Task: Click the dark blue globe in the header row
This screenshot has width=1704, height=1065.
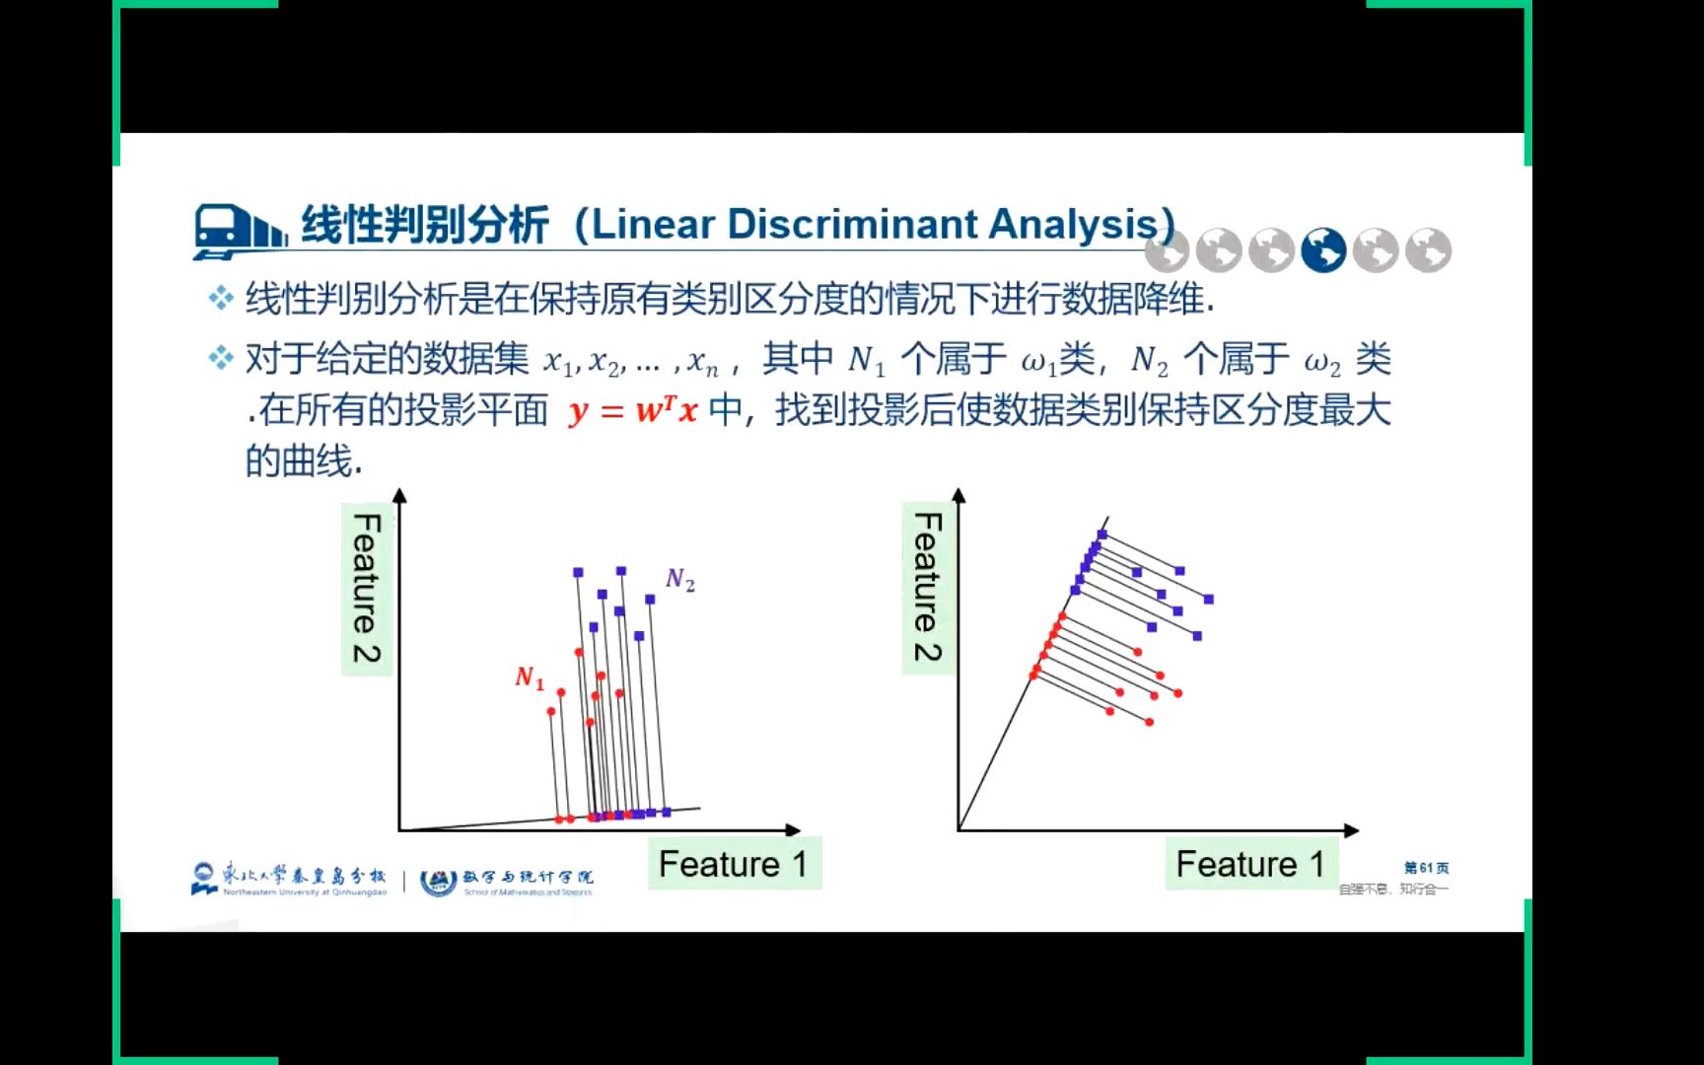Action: tap(1323, 250)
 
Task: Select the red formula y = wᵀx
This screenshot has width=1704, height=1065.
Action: tap(632, 410)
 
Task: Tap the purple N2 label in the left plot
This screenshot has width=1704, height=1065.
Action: tap(680, 580)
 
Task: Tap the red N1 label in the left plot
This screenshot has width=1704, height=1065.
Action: tap(530, 677)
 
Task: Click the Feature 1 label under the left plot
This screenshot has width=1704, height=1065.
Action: tap(733, 865)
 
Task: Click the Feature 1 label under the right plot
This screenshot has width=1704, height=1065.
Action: tap(1250, 865)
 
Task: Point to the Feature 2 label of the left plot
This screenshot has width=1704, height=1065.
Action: tap(367, 589)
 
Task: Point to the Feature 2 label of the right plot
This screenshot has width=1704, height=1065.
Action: tap(928, 588)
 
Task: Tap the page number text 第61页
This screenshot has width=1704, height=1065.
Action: tap(1426, 868)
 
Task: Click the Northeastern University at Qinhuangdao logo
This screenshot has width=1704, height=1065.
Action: tap(290, 878)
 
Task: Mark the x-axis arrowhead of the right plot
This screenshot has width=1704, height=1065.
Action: tap(1352, 830)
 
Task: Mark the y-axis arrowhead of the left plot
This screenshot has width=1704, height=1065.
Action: tap(399, 495)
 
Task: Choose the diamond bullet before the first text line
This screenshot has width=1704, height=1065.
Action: tap(220, 298)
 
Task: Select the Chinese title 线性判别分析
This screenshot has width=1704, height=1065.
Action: tap(424, 225)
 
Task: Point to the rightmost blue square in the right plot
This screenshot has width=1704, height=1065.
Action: tap(1209, 600)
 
